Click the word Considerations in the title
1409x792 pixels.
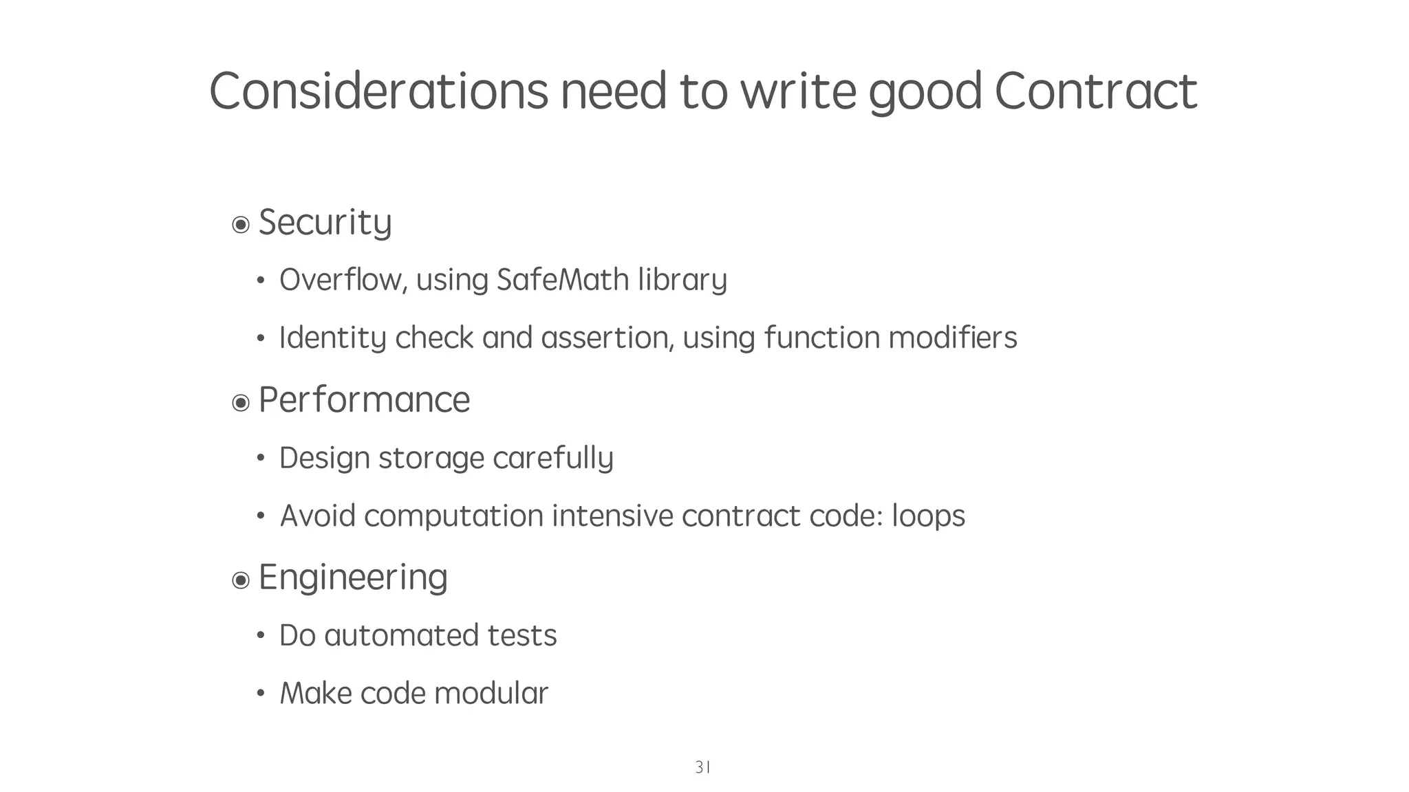[x=378, y=91]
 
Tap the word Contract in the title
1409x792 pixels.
[x=1095, y=91]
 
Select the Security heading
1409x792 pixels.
[x=325, y=222]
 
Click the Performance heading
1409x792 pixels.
[x=364, y=399]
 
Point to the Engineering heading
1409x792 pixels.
[x=353, y=577]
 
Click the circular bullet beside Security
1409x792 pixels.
[x=241, y=225]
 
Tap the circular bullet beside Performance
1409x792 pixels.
[x=241, y=402]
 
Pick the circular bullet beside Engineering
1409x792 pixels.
[x=241, y=580]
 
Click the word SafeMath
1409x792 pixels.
[x=563, y=280]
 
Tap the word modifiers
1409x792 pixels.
[x=952, y=338]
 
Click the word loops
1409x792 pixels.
[x=928, y=516]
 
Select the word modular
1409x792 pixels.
[x=491, y=693]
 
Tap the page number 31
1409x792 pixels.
[x=702, y=767]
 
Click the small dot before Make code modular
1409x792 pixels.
[x=261, y=694]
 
